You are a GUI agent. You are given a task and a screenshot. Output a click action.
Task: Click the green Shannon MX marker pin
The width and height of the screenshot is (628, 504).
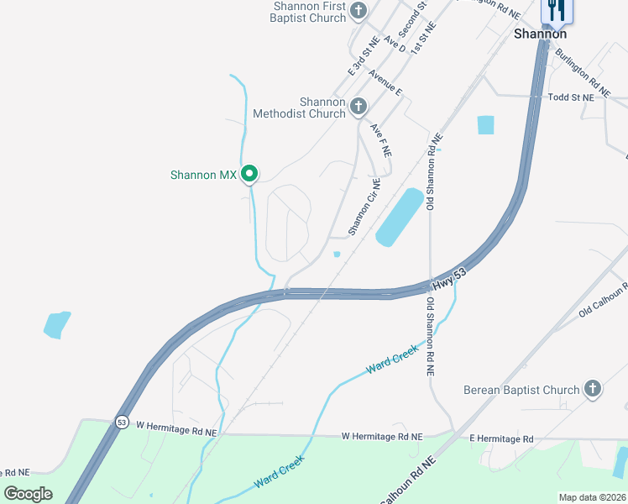[x=249, y=174]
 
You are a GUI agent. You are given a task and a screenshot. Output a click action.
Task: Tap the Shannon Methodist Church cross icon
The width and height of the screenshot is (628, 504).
[x=358, y=106]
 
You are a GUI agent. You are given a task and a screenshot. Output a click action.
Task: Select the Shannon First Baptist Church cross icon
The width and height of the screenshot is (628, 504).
[x=358, y=11]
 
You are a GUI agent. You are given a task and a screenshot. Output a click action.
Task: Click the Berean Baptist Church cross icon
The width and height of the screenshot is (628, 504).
[x=593, y=389]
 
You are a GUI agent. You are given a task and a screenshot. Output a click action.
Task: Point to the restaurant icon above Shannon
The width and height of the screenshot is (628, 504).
[x=556, y=10]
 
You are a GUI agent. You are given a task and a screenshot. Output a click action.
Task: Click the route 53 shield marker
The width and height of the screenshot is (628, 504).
[x=123, y=422]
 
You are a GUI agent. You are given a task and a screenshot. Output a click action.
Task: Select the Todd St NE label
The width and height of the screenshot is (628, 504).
[x=571, y=97]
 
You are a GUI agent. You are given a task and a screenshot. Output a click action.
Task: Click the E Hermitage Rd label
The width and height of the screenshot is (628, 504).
[x=501, y=438]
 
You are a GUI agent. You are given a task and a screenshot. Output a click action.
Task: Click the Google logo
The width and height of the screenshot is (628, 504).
[x=28, y=494]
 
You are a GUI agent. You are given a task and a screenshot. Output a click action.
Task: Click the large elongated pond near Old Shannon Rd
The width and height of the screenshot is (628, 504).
[x=399, y=218]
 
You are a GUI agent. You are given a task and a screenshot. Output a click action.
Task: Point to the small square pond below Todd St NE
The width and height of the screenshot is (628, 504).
[x=485, y=125]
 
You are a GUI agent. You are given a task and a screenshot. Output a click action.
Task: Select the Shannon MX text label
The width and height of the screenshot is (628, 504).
[x=204, y=175]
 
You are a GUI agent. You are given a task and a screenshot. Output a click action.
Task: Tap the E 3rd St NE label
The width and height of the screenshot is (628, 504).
[x=358, y=54]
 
